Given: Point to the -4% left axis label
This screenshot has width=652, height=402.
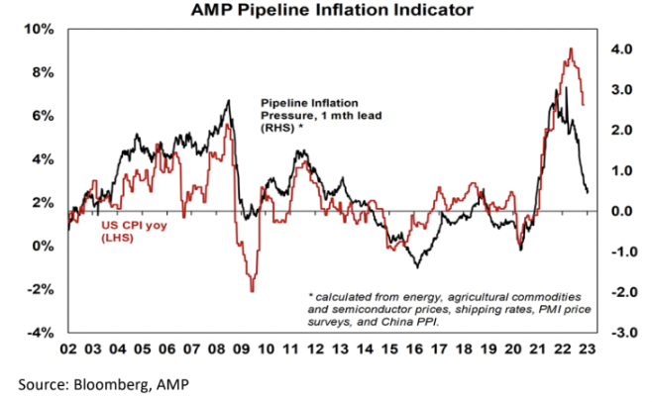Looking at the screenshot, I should click(42, 333).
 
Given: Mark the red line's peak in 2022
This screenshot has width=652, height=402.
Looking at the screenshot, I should click(571, 49).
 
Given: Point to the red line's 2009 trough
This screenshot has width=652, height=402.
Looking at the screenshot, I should click(252, 291).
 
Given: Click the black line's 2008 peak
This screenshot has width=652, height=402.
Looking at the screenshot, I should click(229, 100).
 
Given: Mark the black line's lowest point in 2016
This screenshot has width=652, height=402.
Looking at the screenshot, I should click(417, 267).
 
